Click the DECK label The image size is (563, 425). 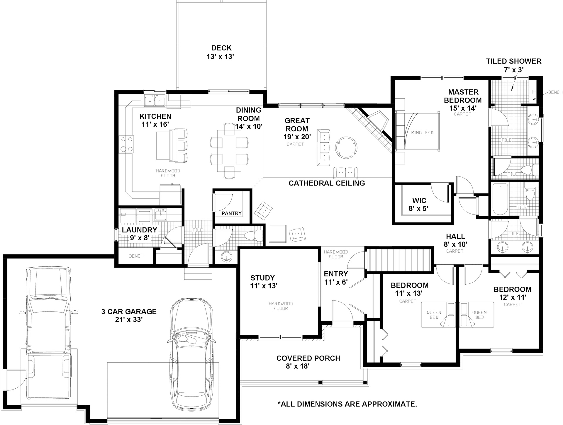pyautogui.click(x=221, y=48)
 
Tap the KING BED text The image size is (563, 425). pyautogui.click(x=422, y=133)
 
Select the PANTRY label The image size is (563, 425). pyautogui.click(x=232, y=213)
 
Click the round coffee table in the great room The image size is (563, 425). pyautogui.click(x=346, y=147)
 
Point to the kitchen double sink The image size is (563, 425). pyautogui.click(x=155, y=100)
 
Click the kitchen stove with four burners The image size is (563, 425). pyautogui.click(x=126, y=144)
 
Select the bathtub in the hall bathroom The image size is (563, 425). pyautogui.click(x=500, y=199)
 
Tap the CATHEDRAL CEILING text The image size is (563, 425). pyautogui.click(x=327, y=183)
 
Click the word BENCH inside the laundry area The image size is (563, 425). pyautogui.click(x=136, y=256)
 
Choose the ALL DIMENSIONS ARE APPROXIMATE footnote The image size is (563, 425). pyautogui.click(x=347, y=404)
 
